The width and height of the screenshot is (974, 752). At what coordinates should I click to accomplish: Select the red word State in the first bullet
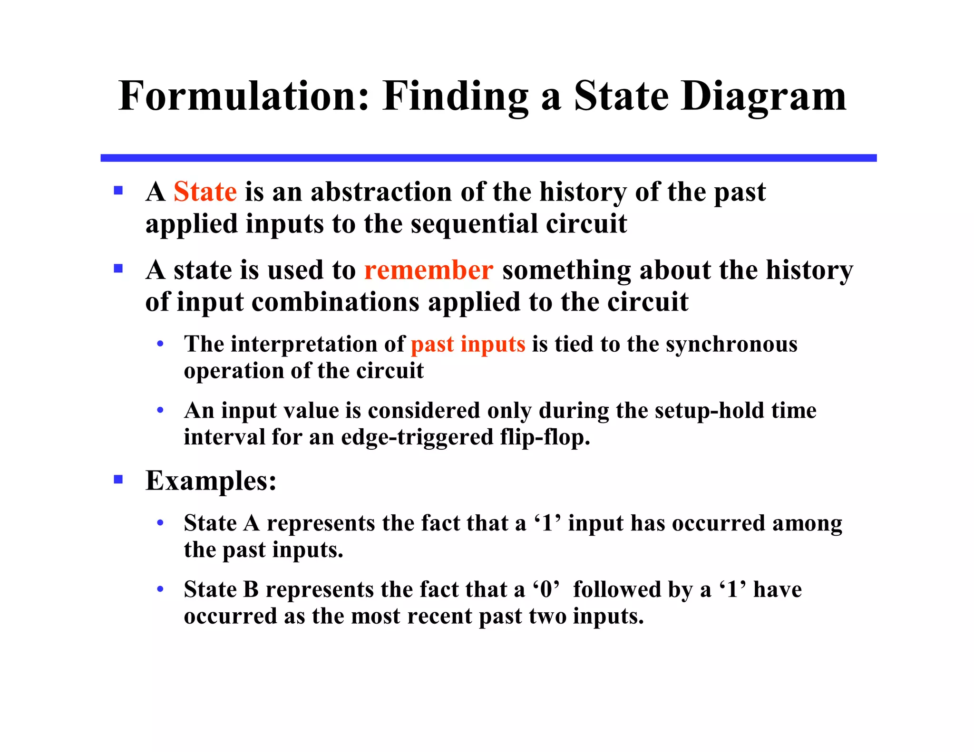pyautogui.click(x=205, y=192)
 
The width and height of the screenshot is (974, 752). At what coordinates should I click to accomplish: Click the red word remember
pyautogui.click(x=429, y=270)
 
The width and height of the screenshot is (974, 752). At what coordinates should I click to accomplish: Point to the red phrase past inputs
pyautogui.click(x=468, y=344)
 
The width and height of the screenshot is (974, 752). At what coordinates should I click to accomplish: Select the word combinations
pyautogui.click(x=335, y=302)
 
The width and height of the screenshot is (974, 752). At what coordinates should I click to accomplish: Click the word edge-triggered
pyautogui.click(x=418, y=437)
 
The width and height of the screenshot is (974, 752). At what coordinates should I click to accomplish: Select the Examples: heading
pyautogui.click(x=211, y=481)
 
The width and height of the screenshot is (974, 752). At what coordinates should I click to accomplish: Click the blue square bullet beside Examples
pyautogui.click(x=118, y=479)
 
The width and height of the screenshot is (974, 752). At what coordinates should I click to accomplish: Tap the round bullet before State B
pyautogui.click(x=160, y=589)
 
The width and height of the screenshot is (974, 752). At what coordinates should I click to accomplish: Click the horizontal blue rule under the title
pyautogui.click(x=488, y=158)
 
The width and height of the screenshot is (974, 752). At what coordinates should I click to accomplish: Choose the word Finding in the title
pyautogui.click(x=455, y=96)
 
